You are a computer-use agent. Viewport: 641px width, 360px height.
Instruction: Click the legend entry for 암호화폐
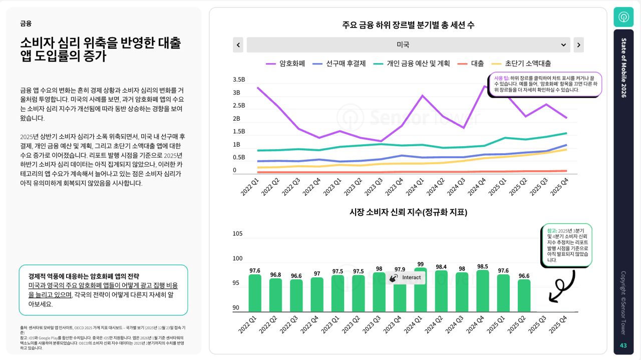click(x=285, y=64)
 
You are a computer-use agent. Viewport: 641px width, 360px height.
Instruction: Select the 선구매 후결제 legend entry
click(x=339, y=64)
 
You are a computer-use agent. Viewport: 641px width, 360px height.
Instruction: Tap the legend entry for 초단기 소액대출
click(x=521, y=64)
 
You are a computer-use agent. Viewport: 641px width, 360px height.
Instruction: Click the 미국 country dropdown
click(x=408, y=45)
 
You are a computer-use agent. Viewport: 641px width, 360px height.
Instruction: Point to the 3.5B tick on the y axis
click(x=239, y=80)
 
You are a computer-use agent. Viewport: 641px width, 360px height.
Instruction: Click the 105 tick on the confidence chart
click(x=237, y=233)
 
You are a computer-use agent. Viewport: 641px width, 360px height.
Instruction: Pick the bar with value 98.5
click(x=483, y=291)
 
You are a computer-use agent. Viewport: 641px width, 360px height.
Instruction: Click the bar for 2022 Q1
click(x=255, y=293)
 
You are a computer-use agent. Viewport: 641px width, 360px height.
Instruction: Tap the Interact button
click(x=406, y=277)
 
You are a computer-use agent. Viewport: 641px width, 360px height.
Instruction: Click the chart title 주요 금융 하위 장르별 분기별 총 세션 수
click(x=408, y=25)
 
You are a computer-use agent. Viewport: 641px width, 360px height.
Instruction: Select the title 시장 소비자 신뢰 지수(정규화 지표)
click(x=408, y=212)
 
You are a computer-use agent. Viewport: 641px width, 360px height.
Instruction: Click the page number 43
click(x=623, y=345)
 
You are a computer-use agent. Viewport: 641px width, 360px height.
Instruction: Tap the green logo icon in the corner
click(x=623, y=17)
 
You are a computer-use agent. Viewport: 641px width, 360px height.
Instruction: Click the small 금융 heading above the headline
click(x=26, y=24)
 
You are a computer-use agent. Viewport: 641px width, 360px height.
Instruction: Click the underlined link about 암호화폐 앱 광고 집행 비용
click(x=103, y=290)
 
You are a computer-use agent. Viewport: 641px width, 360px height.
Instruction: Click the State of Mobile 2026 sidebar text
click(x=623, y=68)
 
